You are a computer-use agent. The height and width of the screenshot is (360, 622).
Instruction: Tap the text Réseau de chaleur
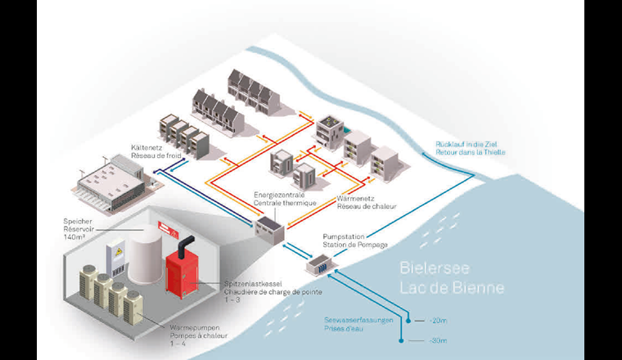(366, 206)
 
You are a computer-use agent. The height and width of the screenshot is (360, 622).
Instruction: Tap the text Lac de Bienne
(452, 288)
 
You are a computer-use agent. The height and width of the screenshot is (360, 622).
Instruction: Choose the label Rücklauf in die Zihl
(469, 145)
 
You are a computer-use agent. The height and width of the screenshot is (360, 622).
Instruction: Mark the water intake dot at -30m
(400, 341)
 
